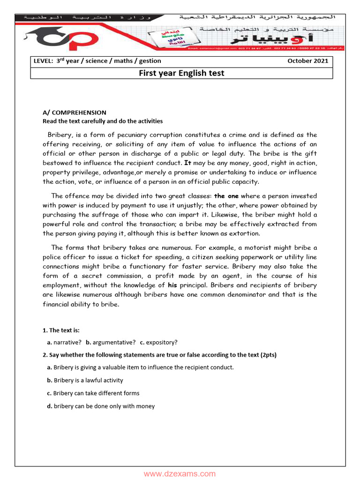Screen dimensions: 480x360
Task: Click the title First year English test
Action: (181, 73)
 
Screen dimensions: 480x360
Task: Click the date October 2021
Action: (307, 61)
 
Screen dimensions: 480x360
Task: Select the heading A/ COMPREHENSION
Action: (75, 112)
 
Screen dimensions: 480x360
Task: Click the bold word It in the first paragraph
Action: (187, 163)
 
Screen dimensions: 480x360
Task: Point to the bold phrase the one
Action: (226, 196)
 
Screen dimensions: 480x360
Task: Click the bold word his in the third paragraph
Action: (172, 285)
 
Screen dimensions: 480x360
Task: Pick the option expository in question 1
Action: (162, 342)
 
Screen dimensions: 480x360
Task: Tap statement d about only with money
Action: (104, 406)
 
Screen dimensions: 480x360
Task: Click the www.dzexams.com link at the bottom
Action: (180, 474)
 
